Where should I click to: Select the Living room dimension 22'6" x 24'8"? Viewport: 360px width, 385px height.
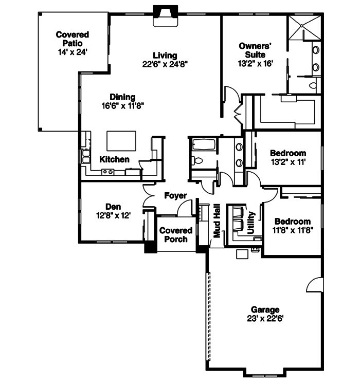(x=165, y=65)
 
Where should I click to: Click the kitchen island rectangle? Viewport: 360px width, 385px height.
(x=121, y=140)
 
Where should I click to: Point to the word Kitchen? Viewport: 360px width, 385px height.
(x=114, y=159)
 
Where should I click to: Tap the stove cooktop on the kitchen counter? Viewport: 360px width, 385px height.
(x=107, y=172)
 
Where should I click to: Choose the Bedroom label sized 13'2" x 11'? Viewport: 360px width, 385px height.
(x=287, y=153)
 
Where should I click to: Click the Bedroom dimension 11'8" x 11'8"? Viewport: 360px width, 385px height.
(x=292, y=230)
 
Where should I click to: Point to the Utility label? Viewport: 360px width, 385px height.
(x=251, y=223)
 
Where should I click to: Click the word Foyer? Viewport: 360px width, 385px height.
(x=175, y=196)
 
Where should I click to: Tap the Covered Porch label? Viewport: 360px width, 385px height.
(x=175, y=235)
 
